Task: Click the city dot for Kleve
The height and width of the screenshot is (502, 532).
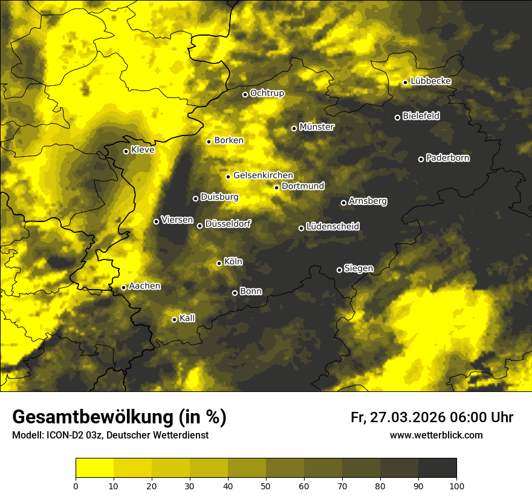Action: [x=126, y=151]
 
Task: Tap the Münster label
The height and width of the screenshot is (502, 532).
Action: [x=317, y=127]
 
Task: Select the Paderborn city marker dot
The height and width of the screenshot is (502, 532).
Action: [x=421, y=159]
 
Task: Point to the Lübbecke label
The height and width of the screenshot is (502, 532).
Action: [x=430, y=81]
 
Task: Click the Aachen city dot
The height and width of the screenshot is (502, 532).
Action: [x=123, y=287]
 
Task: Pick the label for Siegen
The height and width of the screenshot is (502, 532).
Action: [x=358, y=269]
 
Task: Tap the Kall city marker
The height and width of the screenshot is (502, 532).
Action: [x=174, y=319]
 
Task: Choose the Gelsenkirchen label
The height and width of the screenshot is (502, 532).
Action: [x=263, y=175]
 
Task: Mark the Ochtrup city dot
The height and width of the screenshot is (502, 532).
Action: [x=245, y=94]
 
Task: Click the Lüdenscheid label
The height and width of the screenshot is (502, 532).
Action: [x=332, y=226]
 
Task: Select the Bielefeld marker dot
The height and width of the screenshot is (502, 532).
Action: [x=397, y=117]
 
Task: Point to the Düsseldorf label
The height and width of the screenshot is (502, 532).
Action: [x=228, y=224]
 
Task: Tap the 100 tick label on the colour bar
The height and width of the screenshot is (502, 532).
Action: [x=456, y=486]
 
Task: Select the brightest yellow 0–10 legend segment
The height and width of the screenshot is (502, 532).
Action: [x=94, y=468]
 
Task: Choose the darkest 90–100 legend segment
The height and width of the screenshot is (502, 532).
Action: [x=437, y=468]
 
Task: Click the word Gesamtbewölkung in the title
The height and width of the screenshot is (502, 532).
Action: [x=91, y=417]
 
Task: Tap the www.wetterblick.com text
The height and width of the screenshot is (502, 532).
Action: [x=436, y=435]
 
